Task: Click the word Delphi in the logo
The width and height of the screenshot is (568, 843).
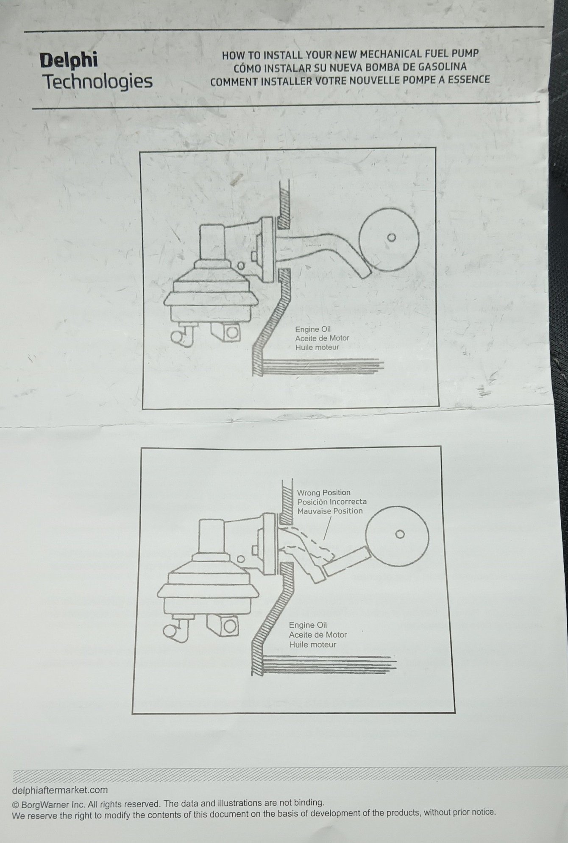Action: pyautogui.click(x=68, y=61)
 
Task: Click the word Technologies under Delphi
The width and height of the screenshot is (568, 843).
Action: pyautogui.click(x=98, y=81)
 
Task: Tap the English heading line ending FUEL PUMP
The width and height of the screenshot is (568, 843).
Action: pyautogui.click(x=350, y=55)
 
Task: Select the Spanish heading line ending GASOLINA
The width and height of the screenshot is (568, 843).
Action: pyautogui.click(x=350, y=67)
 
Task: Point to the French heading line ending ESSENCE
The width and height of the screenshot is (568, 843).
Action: pyautogui.click(x=350, y=80)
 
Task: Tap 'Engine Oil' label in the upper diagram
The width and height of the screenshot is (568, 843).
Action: pyautogui.click(x=313, y=329)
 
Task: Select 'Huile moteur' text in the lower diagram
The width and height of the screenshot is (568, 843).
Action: pyautogui.click(x=312, y=645)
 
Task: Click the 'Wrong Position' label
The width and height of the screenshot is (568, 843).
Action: pyautogui.click(x=323, y=493)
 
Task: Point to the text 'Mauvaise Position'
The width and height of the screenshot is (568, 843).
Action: pyautogui.click(x=330, y=511)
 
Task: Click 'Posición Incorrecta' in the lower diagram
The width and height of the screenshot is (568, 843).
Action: pyautogui.click(x=332, y=502)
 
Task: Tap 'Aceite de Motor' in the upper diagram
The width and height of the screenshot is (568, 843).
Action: pyautogui.click(x=322, y=338)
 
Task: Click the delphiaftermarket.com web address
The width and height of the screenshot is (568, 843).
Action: pyautogui.click(x=60, y=790)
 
